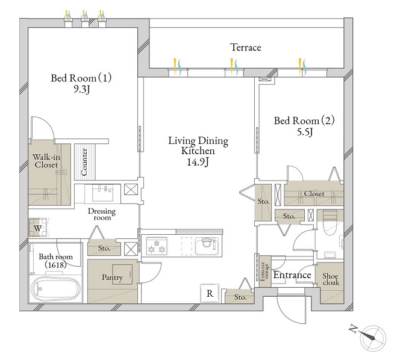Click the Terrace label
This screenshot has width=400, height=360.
(246, 48)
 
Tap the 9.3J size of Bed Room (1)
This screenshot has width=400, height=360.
(82, 90)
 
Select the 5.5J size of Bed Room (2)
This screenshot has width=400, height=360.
(305, 132)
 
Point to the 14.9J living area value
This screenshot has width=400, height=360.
(198, 162)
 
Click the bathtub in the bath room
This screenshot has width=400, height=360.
(55, 289)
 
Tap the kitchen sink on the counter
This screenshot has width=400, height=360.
(207, 246)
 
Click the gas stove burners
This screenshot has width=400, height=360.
(157, 246)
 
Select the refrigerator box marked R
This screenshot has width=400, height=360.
(210, 293)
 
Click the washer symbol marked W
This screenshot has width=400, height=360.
(38, 228)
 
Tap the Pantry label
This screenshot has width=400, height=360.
(112, 278)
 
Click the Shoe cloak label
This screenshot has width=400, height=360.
(331, 279)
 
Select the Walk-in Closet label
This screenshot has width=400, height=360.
(46, 161)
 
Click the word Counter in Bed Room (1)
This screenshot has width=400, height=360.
(84, 162)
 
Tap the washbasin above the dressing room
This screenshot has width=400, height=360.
(102, 193)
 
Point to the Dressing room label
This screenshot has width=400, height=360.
(102, 214)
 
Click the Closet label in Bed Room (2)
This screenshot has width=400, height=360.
(314, 194)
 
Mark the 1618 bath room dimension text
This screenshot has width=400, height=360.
(55, 265)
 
